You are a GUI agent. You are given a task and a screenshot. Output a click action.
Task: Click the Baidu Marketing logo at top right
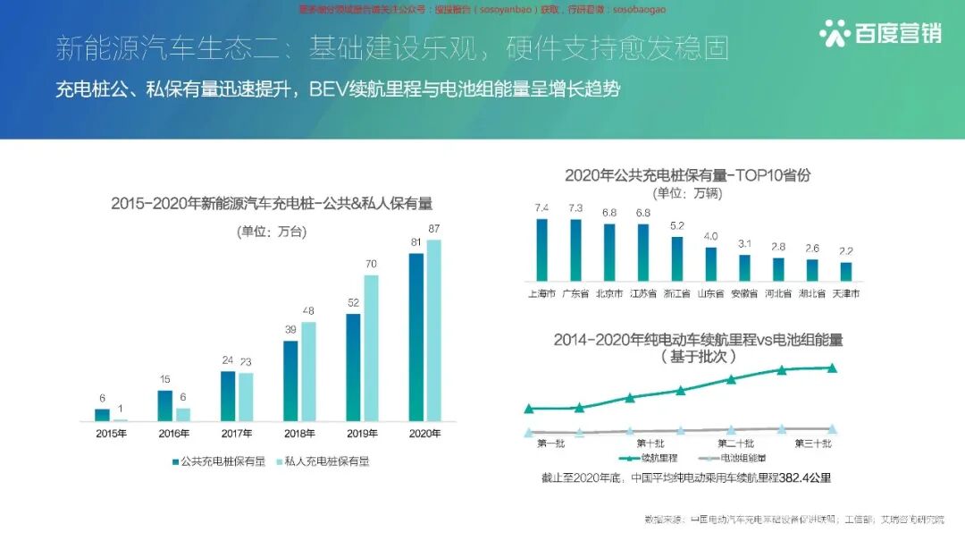coord(880,33)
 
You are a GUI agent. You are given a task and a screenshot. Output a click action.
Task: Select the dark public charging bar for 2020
coord(415,337)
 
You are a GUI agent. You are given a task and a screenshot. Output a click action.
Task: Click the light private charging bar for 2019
coord(371,348)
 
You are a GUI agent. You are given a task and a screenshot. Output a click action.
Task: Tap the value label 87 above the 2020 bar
coord(434,229)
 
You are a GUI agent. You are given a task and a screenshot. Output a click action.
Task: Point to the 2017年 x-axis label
coord(237,434)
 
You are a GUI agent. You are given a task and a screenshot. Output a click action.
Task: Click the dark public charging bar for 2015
coord(102,415)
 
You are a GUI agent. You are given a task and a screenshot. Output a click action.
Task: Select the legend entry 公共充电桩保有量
coord(218,461)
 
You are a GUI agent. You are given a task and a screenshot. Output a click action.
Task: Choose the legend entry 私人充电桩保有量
coord(322,461)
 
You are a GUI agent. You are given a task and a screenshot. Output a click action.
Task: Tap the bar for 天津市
coord(845,272)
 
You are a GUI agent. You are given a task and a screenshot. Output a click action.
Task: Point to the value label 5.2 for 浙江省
coord(677,225)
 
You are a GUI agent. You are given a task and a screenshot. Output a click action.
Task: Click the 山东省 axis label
coord(710,293)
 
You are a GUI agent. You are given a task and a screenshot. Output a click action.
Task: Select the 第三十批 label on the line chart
coord(812,444)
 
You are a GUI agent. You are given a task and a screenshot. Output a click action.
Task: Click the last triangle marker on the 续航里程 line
coord(832,368)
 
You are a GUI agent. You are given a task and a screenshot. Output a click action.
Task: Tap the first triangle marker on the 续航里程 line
coord(529,409)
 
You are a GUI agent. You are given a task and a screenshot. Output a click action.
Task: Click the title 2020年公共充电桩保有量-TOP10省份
coord(687,175)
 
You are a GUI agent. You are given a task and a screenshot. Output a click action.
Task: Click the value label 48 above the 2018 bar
coord(308,311)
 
